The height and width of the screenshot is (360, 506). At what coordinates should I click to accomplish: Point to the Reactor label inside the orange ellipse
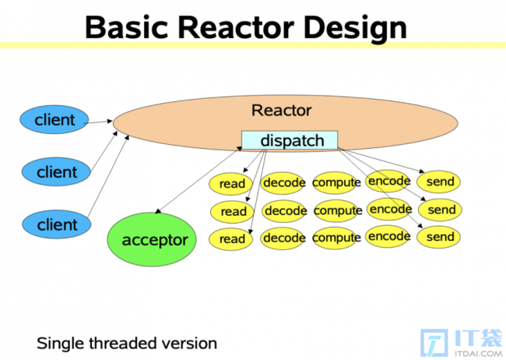[x=281, y=111]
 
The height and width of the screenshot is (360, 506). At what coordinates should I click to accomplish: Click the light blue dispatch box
[x=290, y=140]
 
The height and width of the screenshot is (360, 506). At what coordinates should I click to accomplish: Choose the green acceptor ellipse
[x=152, y=239]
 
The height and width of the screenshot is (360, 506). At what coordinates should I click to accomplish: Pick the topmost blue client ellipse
[x=54, y=119]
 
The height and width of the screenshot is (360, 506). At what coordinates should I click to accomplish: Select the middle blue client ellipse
[x=56, y=171]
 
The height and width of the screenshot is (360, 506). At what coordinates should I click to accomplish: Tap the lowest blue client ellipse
[x=57, y=224]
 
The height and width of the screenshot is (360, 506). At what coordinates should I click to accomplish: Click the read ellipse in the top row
[x=231, y=184]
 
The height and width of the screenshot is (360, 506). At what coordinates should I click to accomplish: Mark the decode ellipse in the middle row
[x=284, y=211]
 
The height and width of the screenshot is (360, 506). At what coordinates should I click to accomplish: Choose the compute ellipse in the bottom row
[x=336, y=238]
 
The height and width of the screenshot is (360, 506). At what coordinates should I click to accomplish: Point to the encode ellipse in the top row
[x=389, y=181]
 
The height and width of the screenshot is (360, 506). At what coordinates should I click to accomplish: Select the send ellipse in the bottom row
[x=439, y=237]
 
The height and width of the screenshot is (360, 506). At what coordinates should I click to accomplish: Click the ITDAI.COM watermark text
[x=478, y=353]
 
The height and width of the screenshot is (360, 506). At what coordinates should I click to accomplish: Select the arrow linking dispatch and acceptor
[x=199, y=180]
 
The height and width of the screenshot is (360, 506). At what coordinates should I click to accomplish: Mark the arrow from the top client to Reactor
[x=98, y=122]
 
